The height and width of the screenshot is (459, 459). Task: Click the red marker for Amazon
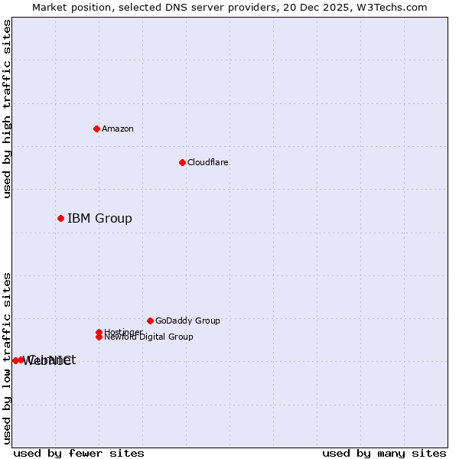[x=96, y=129]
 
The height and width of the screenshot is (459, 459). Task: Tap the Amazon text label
[x=118, y=129]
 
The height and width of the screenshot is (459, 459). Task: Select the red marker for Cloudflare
[x=182, y=162]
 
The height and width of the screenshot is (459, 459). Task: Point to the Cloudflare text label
[x=207, y=162]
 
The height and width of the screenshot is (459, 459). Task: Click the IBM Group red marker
[x=60, y=219]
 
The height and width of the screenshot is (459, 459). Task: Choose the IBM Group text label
[x=99, y=219]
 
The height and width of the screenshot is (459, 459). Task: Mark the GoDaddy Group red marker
[x=150, y=321]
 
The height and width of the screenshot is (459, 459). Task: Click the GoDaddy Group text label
[x=187, y=321]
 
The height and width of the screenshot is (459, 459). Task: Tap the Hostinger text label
[x=123, y=332]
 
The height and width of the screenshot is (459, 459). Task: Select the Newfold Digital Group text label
[x=148, y=337]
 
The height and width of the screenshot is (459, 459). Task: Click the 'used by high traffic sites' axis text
[x=7, y=109]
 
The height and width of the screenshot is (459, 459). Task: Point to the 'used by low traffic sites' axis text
[x=7, y=357]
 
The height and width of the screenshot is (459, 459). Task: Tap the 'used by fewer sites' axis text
[x=79, y=453]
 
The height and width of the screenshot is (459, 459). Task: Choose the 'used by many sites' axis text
[x=384, y=453]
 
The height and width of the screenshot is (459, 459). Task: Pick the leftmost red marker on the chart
[x=15, y=360]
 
